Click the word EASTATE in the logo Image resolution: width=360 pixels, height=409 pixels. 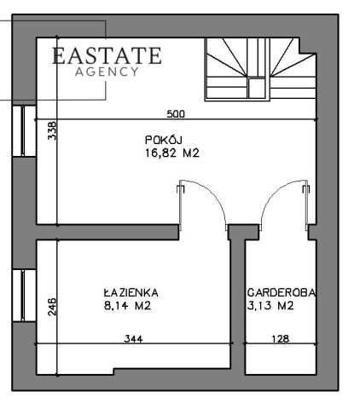(107, 55)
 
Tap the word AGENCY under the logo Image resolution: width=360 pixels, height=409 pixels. (107, 72)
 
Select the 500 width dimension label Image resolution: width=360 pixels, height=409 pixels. (176, 114)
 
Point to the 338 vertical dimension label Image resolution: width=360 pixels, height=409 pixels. (52, 130)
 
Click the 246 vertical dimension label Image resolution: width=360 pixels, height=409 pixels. (52, 307)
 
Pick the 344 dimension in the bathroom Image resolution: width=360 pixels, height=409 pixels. (134, 339)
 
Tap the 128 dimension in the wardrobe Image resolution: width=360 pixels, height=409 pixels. (281, 339)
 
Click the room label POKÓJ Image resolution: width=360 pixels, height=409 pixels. (164, 141)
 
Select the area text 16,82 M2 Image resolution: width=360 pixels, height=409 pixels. (172, 153)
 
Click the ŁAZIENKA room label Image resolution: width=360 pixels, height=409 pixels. (131, 292)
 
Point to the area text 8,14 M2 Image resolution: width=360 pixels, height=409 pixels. (128, 306)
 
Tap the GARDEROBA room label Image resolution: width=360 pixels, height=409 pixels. (282, 292)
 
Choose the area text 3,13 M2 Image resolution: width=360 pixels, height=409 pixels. (270, 306)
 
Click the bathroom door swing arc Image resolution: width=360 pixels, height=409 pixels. (215, 196)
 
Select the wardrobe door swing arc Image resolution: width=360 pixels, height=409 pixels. (270, 196)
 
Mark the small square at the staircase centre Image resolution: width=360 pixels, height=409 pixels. (257, 88)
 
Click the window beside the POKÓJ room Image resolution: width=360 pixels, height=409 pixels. (24, 131)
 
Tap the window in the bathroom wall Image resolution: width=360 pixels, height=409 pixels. (24, 296)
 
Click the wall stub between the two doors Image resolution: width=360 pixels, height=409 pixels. (244, 233)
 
